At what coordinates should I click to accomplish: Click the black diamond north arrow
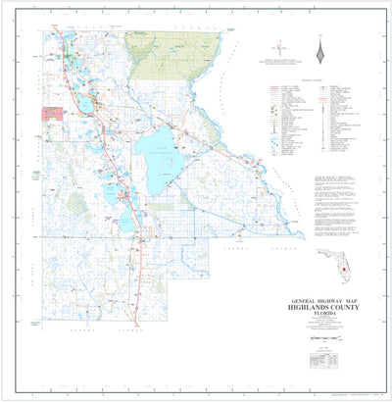click(x=319, y=48)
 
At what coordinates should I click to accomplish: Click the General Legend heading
click(x=311, y=80)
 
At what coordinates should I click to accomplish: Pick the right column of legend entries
click(x=335, y=118)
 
